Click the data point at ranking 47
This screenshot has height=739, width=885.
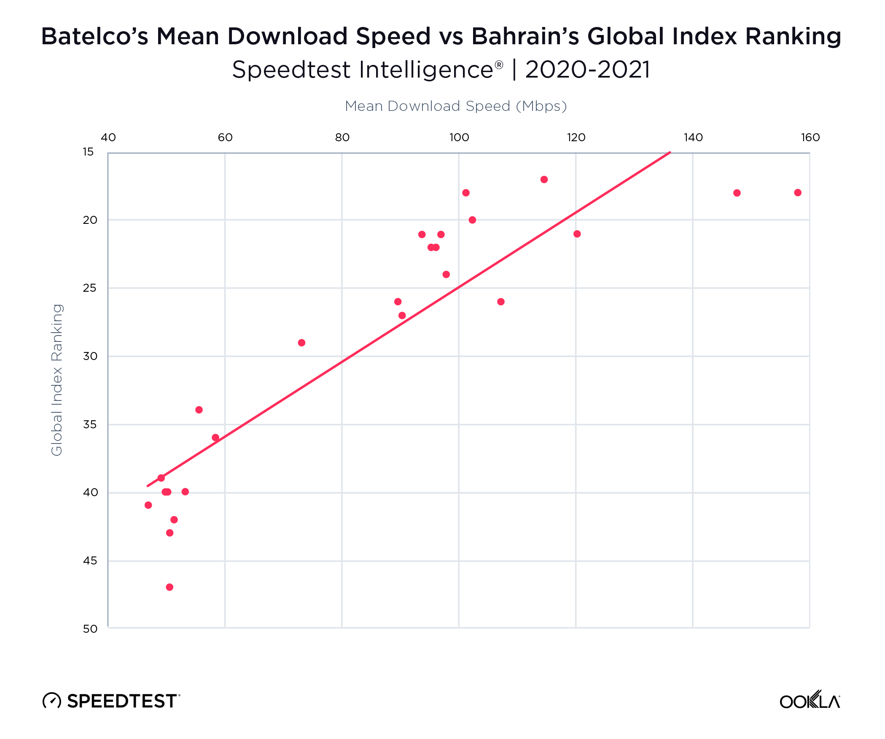[x=169, y=587]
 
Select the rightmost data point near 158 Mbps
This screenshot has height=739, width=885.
[x=798, y=193]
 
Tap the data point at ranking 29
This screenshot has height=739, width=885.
[x=301, y=343]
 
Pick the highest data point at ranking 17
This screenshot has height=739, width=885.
[x=544, y=180]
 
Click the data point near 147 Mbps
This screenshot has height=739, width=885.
[x=737, y=193]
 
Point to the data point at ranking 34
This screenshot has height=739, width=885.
[x=199, y=410]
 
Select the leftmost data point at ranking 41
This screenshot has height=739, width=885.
[x=148, y=505]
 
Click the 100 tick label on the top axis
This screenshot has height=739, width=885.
[x=459, y=137]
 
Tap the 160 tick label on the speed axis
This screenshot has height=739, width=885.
[x=810, y=137]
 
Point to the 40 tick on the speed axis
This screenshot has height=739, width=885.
[x=108, y=137]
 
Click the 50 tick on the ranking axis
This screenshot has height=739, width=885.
[x=90, y=629]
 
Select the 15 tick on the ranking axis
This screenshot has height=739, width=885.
[x=88, y=152]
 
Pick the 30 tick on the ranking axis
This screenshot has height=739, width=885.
[x=90, y=356]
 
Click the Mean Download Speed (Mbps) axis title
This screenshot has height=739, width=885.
[x=456, y=106]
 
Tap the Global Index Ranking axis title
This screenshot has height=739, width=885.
[x=57, y=379]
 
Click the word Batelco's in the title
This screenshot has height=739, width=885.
[x=94, y=36]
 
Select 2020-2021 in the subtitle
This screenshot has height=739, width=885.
[x=587, y=70]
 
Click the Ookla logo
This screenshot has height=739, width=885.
[x=810, y=701]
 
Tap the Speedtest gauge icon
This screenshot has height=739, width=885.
[x=52, y=701]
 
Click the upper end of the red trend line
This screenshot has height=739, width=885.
[x=670, y=153]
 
